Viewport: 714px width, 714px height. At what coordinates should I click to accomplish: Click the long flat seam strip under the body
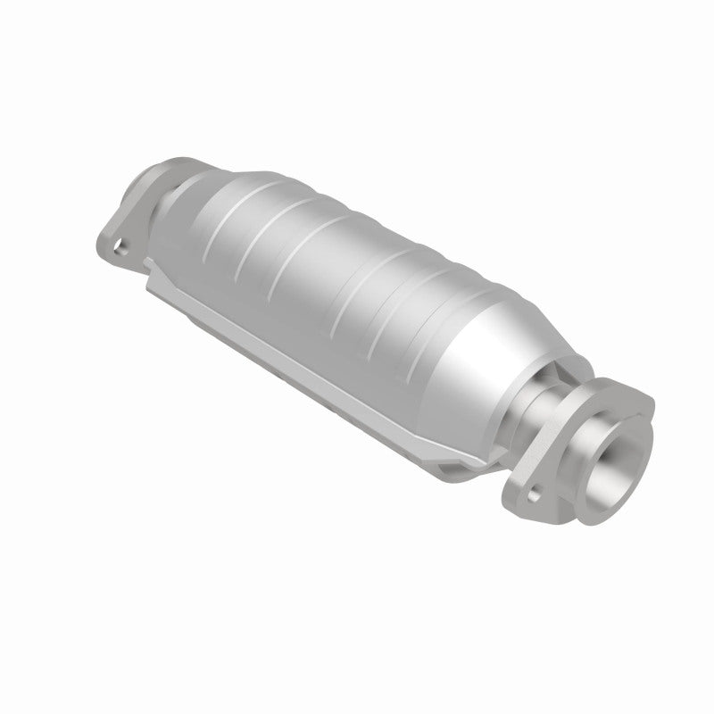tap(295, 348)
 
